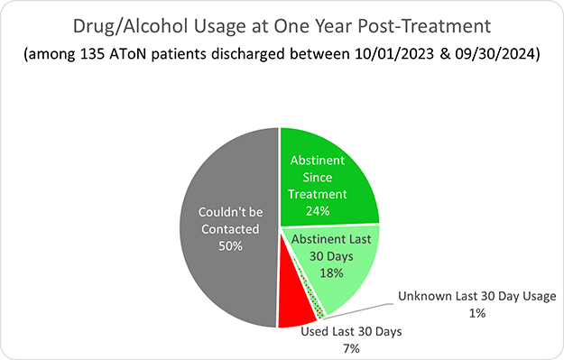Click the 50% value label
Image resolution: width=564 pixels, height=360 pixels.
coord(228,248)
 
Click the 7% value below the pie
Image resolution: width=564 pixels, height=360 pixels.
coord(351,347)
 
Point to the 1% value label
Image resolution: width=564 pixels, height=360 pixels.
coord(477,313)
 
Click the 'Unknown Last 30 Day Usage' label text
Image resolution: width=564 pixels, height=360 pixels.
coord(478,296)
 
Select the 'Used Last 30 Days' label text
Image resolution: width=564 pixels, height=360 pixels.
coord(351,331)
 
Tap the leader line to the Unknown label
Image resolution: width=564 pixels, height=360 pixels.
coord(361,305)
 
